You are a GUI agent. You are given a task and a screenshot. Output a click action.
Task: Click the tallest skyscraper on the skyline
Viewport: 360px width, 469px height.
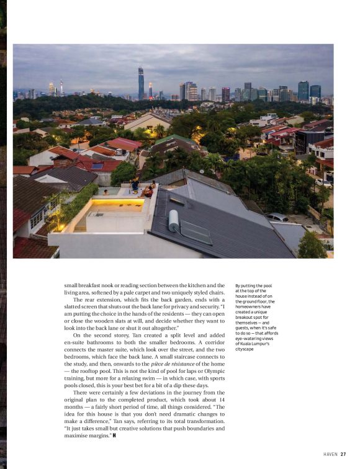[x=141, y=83]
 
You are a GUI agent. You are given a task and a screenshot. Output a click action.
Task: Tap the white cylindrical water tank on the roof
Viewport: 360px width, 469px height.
[x=174, y=220]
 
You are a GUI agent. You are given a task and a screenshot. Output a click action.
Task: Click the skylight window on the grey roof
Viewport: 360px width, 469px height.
[x=196, y=231]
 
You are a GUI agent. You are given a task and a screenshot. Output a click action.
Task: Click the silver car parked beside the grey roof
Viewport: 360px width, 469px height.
[x=277, y=217]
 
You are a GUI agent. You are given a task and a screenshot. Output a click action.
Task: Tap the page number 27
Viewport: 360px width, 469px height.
[x=343, y=453]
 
